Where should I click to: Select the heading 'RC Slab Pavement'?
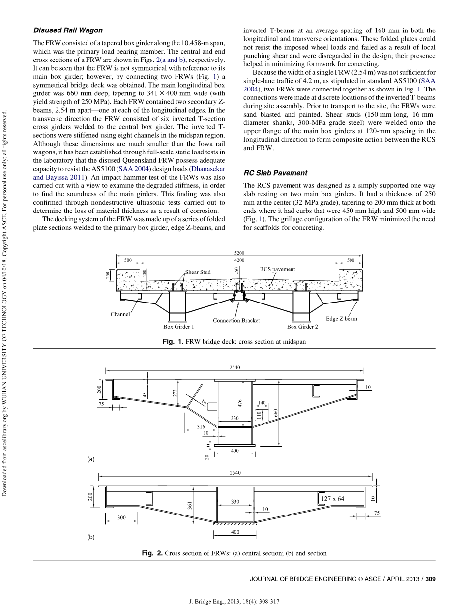tap(275, 173)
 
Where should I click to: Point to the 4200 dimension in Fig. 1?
tap(239, 259)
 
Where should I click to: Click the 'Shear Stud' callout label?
tap(198, 272)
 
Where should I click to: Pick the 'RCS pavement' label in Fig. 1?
tap(277, 269)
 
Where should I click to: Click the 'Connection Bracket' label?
tap(236, 320)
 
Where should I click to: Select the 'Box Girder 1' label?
tap(178, 326)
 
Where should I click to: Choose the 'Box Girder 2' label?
tap(302, 326)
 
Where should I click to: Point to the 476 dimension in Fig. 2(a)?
tap(240, 403)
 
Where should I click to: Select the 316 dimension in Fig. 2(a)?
tap(201, 427)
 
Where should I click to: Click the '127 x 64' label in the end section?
tap(332, 498)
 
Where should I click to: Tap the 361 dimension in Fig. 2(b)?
tap(190, 504)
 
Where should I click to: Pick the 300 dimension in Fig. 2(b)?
tap(121, 517)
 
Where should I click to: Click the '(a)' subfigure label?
tap(90, 459)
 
